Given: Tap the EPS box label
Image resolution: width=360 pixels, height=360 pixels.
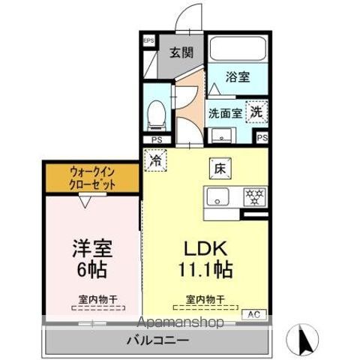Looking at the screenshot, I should [x=148, y=40].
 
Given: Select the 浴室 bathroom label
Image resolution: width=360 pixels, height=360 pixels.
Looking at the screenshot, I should [x=238, y=76].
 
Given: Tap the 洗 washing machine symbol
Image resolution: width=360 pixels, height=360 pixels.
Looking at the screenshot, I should [x=256, y=109].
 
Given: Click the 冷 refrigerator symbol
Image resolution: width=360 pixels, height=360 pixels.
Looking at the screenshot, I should [x=156, y=160].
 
